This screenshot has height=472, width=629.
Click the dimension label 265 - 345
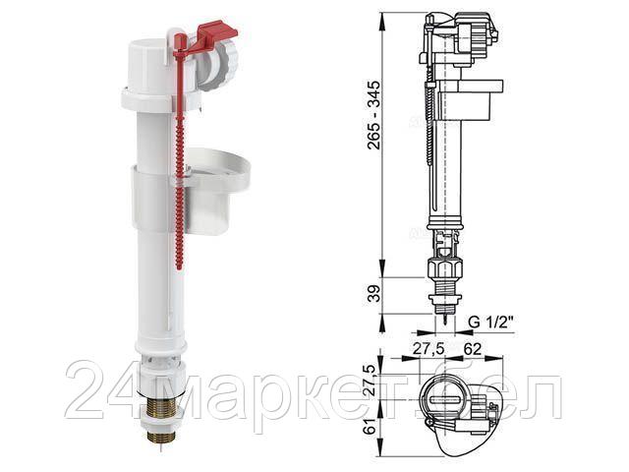[x=373, y=115]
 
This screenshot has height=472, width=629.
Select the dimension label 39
[x=373, y=293]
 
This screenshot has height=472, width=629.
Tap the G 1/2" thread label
[x=491, y=323]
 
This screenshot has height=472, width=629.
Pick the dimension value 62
[x=472, y=349]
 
